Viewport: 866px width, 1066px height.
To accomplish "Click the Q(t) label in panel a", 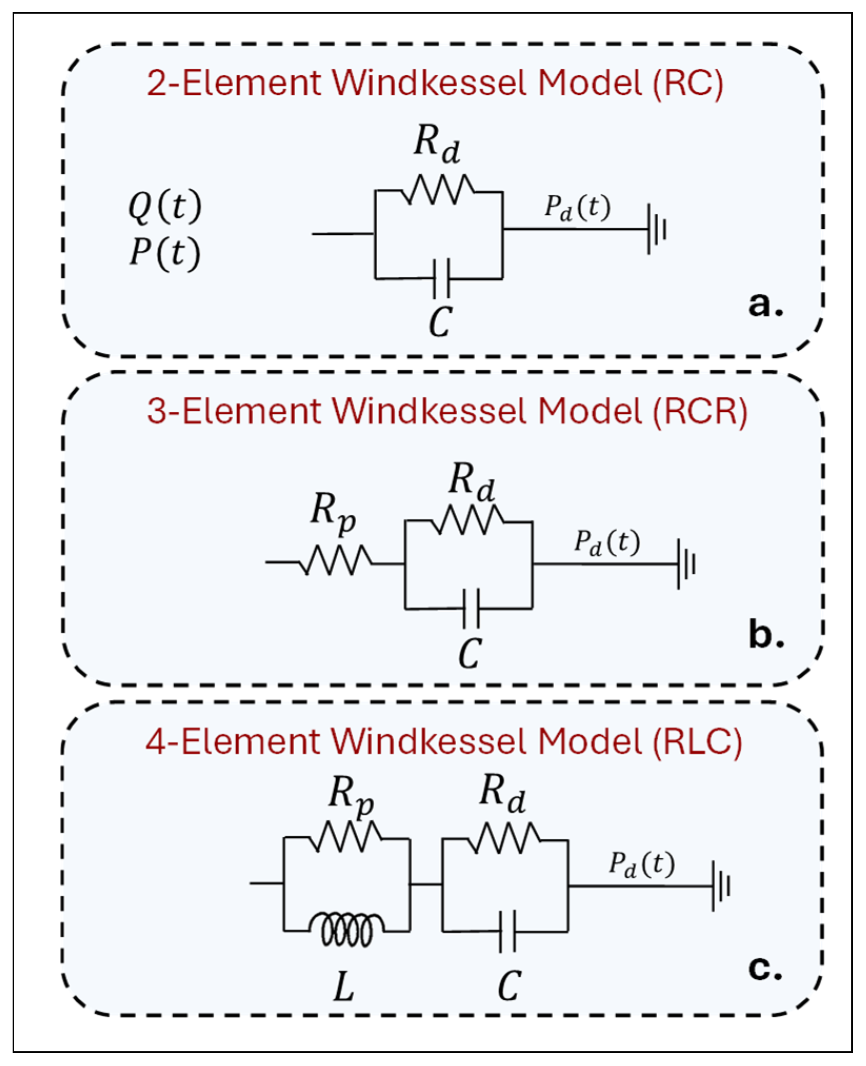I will click(x=165, y=206).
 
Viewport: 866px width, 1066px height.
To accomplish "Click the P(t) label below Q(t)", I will click(x=165, y=253).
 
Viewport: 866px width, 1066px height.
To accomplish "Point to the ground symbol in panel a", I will click(x=656, y=229).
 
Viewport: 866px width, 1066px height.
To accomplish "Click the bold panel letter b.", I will click(x=766, y=635).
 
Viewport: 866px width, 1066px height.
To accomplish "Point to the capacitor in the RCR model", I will click(x=471, y=608).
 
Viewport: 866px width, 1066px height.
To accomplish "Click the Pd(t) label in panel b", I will click(x=607, y=542).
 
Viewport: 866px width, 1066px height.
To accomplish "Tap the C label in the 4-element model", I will click(x=509, y=986).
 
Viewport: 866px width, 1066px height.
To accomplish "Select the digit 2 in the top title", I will click(x=157, y=83).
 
